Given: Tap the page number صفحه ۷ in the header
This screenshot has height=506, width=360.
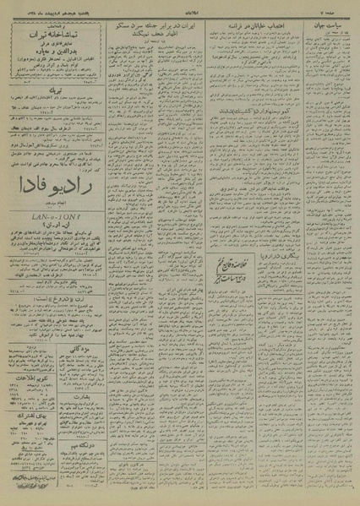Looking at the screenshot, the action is tap(341, 11).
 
